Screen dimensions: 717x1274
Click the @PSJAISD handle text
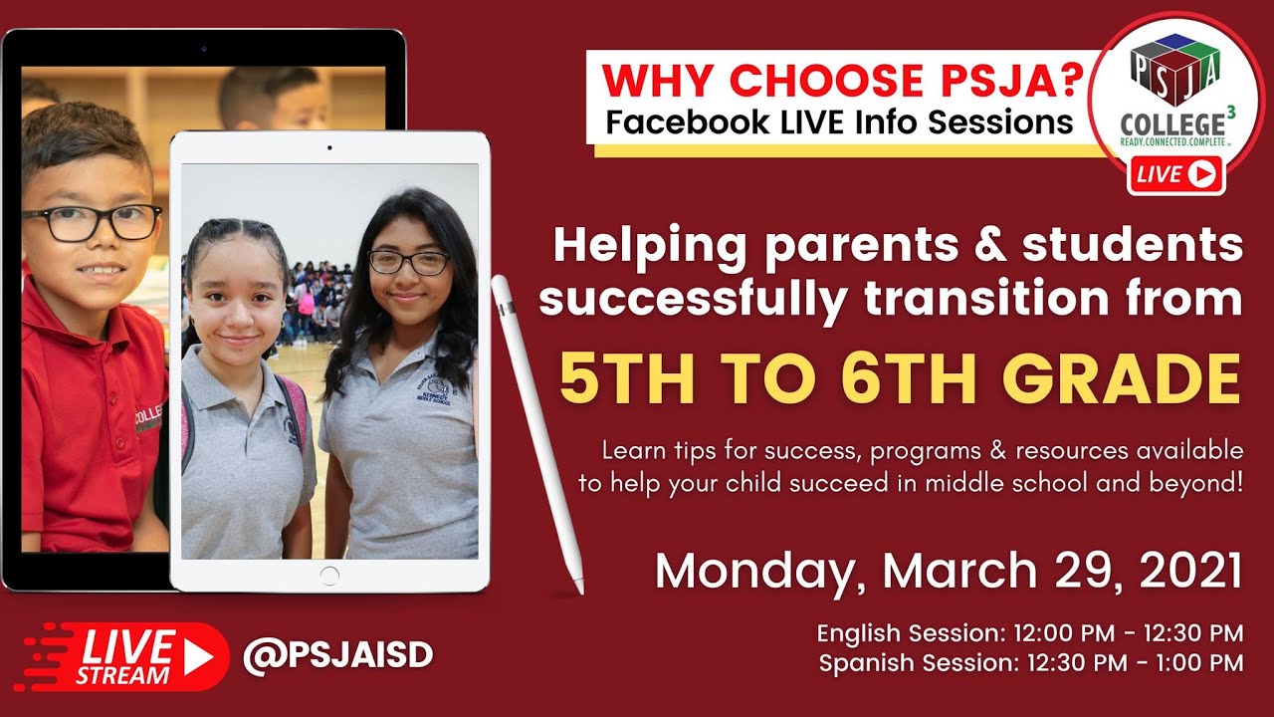(x=337, y=654)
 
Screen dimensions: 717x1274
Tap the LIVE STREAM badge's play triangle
(x=197, y=656)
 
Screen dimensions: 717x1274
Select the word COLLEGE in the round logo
(x=1171, y=125)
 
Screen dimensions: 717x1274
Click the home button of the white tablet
(x=329, y=575)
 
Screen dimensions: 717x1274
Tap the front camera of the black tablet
(x=203, y=48)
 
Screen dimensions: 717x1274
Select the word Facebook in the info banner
(x=688, y=122)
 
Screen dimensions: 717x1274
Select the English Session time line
(x=1029, y=633)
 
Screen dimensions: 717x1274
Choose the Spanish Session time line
(x=1030, y=663)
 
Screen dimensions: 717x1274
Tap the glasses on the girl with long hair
(x=409, y=262)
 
